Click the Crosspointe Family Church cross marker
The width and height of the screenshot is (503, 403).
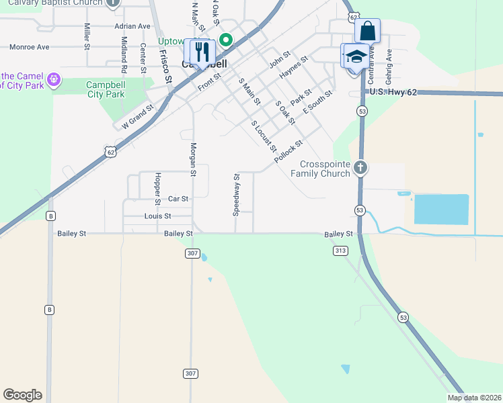[360, 167]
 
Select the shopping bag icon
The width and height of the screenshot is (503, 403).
[367, 31]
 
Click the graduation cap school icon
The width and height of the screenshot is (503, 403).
[356, 56]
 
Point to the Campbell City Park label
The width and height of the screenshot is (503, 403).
[106, 89]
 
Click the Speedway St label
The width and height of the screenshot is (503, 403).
[236, 195]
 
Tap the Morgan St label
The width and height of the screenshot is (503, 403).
[192, 159]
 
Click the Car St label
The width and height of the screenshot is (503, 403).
[178, 199]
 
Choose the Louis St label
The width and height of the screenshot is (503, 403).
[157, 216]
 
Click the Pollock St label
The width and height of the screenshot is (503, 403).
[288, 152]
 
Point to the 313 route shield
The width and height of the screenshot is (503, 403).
[340, 250]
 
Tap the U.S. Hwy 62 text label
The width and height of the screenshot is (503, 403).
[393, 91]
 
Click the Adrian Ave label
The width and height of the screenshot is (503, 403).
[132, 26]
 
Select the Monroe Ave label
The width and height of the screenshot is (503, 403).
[30, 48]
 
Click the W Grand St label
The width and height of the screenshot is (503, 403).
[137, 116]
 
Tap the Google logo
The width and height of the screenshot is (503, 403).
[22, 395]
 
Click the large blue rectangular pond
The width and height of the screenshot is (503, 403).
[441, 209]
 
